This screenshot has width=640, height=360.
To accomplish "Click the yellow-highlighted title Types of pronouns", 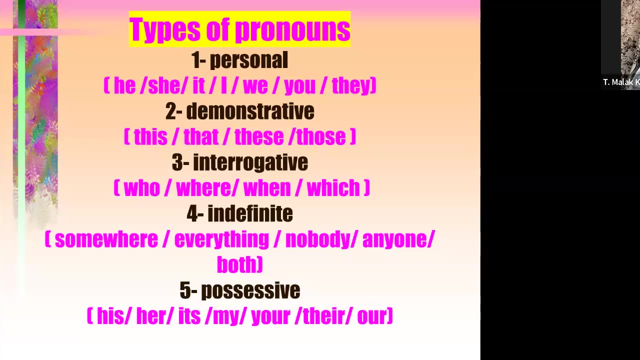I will coord(239,29).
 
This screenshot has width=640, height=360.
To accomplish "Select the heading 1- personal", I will coord(239,60).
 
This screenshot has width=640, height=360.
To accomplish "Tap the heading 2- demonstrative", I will coord(239,111).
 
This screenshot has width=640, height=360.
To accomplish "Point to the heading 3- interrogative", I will coord(239,162).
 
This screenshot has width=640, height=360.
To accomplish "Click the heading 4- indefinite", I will coord(239,213).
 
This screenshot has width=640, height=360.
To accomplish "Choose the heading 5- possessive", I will coord(239,290).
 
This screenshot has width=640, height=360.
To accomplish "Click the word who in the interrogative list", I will coord(141,188).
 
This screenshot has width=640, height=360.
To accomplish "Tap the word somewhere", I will coord(106,239).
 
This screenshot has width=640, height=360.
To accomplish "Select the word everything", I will coord(221,239).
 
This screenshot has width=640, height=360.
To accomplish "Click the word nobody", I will coord(318,239).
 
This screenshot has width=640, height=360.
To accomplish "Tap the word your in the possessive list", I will coord(270,316).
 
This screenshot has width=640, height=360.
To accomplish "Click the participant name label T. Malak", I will coord(620,82).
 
